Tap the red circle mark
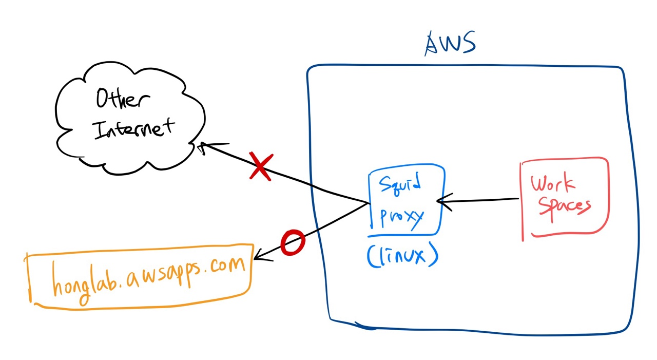pyautogui.click(x=293, y=243)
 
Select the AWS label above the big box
pyautogui.click(x=450, y=44)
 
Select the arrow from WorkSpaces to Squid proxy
pyautogui.click(x=480, y=200)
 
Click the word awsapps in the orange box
pyautogui.click(x=164, y=272)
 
